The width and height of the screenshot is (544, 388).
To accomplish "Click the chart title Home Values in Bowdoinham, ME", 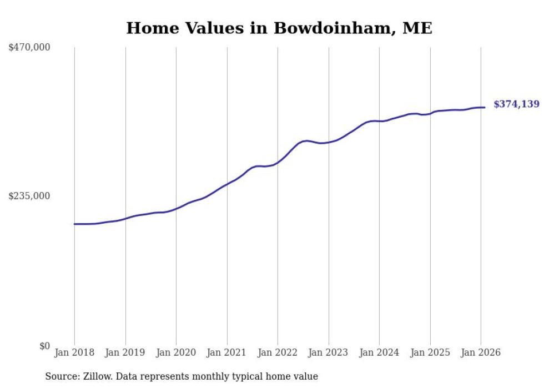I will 279,28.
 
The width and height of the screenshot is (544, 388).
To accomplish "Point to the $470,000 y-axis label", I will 29,48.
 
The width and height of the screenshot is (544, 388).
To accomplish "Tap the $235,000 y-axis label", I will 29,196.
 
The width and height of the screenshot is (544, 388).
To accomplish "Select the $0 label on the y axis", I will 44,346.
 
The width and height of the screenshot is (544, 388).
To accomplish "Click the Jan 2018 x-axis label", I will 74,352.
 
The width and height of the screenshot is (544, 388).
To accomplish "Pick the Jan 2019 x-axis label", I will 125,352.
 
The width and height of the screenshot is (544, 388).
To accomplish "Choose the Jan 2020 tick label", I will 176,352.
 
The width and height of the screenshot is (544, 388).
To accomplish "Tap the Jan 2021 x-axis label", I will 227,352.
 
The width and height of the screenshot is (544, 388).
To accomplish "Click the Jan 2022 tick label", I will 278,352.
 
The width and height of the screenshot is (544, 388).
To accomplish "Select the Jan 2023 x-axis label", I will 329,352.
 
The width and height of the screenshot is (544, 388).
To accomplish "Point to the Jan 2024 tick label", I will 379,352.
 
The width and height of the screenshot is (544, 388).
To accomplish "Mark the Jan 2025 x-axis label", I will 430,352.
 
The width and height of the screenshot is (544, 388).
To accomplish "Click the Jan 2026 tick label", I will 481,352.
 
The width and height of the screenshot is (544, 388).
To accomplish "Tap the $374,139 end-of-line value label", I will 516,104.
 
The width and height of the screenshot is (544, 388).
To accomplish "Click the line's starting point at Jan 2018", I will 74,224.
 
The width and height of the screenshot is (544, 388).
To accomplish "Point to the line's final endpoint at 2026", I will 485,107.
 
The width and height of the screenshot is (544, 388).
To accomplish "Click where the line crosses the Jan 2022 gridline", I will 278,163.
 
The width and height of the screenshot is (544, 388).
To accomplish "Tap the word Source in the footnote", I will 60,376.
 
